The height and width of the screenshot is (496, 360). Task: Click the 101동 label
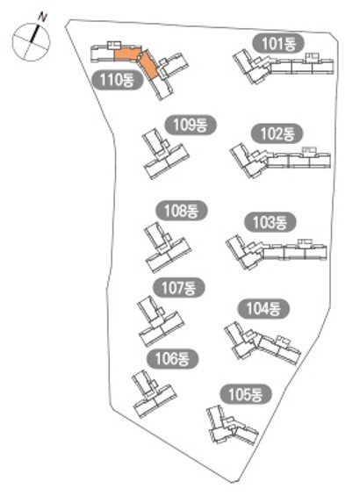278,43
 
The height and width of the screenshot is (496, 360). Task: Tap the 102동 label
277,133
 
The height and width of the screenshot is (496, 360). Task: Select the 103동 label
270,222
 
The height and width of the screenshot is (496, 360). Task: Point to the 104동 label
263,308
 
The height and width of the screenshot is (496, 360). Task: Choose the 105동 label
246,394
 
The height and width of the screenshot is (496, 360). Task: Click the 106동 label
172,359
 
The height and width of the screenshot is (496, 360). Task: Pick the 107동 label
179,288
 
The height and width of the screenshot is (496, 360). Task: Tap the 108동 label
182,211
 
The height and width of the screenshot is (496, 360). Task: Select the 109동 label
191,125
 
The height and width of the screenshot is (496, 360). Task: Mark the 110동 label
118,80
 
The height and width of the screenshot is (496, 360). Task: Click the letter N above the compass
42,17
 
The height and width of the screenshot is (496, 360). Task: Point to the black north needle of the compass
34,34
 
